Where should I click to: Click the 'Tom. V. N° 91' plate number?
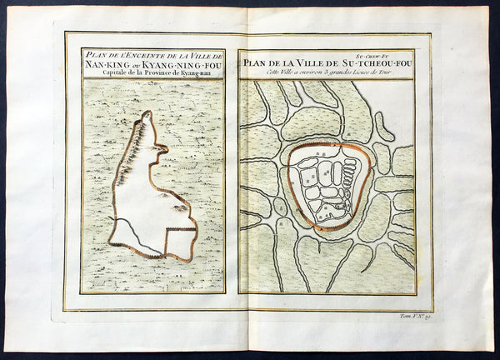coord(409,320)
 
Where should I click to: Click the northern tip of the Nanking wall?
coord(146,113)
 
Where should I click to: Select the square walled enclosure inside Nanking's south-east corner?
coord(178,242)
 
